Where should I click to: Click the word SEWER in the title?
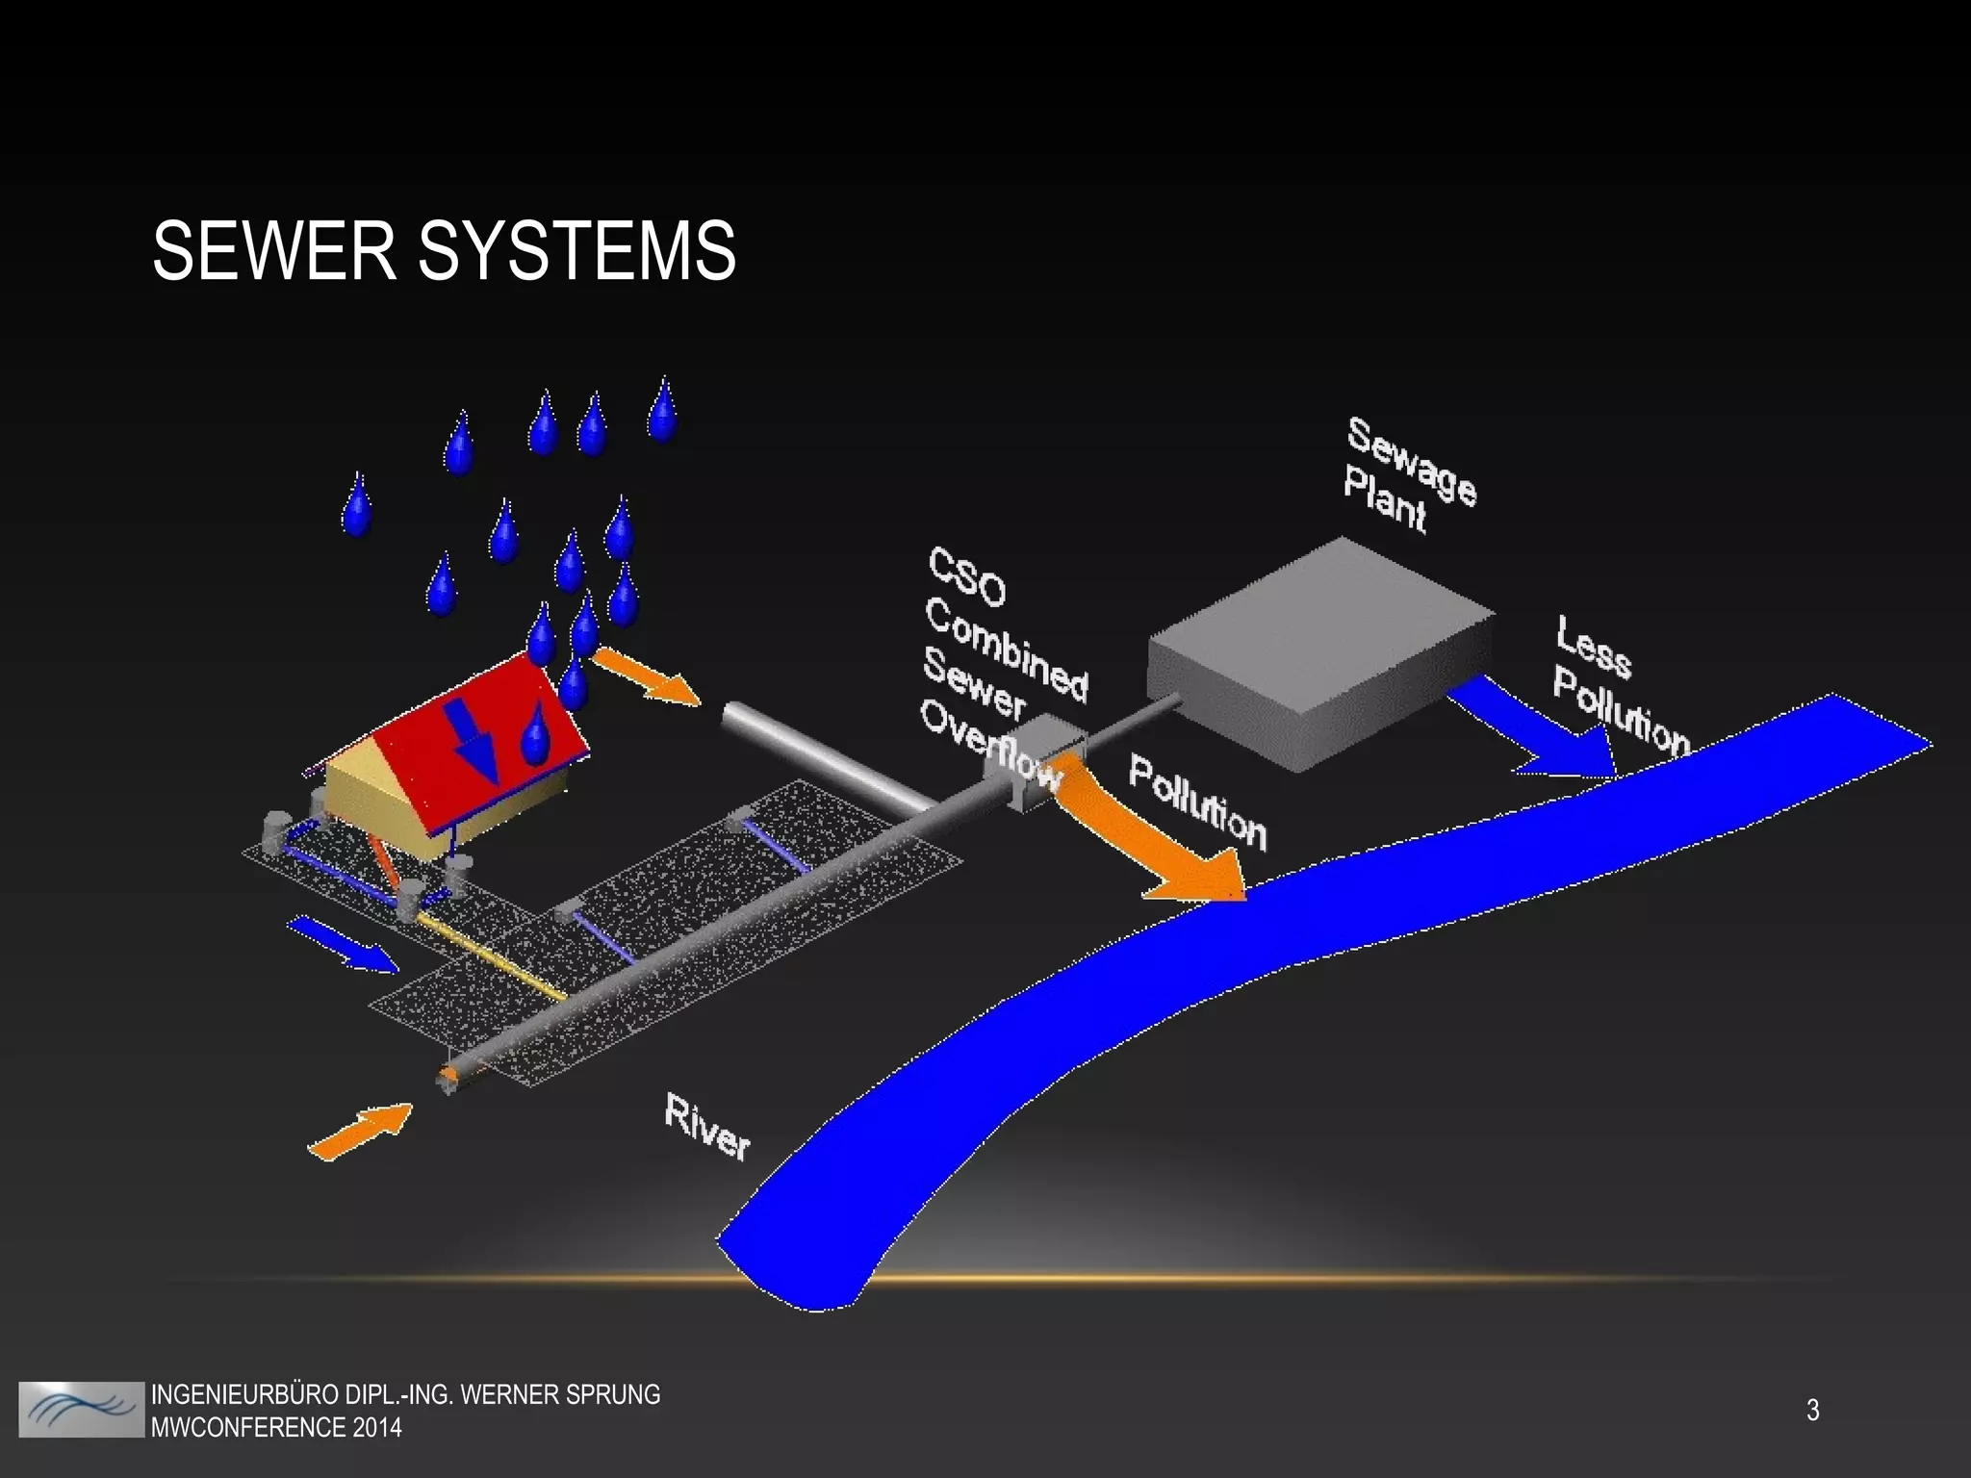coord(274,250)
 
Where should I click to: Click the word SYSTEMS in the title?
coord(577,250)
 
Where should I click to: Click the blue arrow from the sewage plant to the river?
coord(1540,731)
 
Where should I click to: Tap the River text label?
coord(706,1128)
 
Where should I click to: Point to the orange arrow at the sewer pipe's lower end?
coord(361,1131)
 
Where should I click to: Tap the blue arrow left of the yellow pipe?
coord(342,943)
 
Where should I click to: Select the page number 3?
coord(1812,1411)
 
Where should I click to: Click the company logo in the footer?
coord(81,1410)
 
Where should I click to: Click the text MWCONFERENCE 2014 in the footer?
coord(276,1426)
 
